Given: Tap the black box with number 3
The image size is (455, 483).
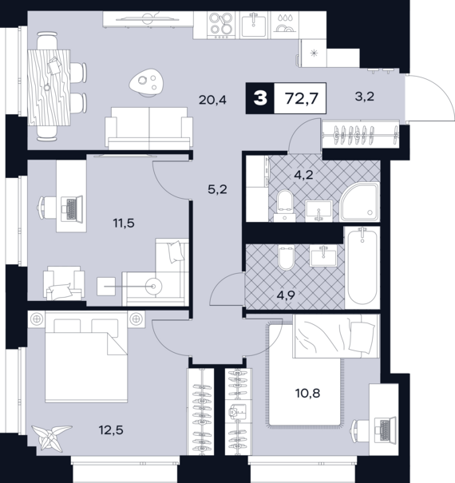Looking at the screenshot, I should (259, 100).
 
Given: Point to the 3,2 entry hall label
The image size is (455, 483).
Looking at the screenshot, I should (363, 100).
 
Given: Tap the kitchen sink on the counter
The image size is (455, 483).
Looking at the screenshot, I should (254, 26).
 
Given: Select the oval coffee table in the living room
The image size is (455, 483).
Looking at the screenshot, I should (147, 81).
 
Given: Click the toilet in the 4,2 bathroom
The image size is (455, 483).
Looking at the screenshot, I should (284, 204).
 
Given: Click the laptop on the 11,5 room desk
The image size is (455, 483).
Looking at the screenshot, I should (70, 208).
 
